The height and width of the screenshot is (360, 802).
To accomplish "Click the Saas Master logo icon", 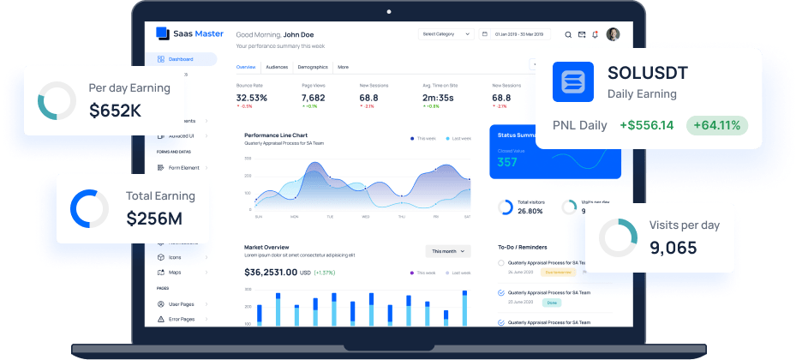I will click(162, 34).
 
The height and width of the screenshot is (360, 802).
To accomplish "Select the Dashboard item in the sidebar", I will click(180, 59).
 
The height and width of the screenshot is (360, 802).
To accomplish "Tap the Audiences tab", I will click(277, 66).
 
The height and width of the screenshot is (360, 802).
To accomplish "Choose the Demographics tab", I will click(312, 66).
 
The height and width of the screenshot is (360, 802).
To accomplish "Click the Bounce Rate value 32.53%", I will click(252, 98).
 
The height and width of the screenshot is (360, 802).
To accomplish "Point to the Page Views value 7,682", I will click(314, 98).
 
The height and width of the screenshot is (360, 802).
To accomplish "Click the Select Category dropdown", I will click(446, 34).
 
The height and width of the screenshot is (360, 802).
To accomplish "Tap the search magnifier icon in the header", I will click(568, 35).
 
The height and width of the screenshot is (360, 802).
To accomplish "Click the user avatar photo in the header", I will click(613, 34).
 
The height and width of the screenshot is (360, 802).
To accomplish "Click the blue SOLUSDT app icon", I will click(573, 82).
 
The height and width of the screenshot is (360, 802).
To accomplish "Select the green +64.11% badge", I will click(717, 125).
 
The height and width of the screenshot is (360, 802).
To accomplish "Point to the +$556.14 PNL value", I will click(646, 125).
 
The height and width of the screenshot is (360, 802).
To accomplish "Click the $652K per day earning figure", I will click(115, 111).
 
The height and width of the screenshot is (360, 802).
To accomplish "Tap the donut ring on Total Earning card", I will click(89, 208).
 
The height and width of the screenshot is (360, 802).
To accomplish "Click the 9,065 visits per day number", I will click(673, 249).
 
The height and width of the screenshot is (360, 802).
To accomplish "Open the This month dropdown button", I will click(448, 251).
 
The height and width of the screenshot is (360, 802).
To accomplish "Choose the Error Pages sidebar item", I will click(182, 319).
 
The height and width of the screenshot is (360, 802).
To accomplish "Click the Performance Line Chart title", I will click(275, 135).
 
